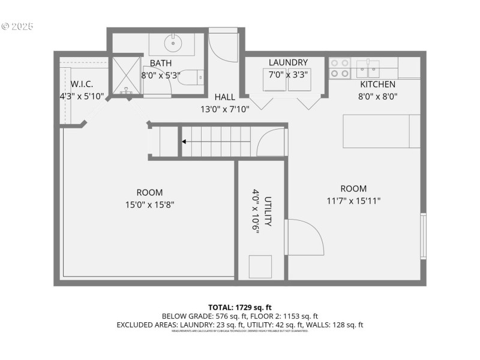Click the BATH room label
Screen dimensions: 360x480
click(161, 63)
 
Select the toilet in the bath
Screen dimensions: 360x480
click(193, 77)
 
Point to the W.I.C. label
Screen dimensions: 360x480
click(82, 83)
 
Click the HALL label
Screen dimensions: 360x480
click(225, 97)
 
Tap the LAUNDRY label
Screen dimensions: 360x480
click(288, 62)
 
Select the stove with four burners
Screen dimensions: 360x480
click(340, 68)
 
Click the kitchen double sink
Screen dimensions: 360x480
click(368, 68)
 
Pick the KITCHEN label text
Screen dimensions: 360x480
click(377, 84)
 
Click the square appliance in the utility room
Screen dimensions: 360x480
click(260, 266)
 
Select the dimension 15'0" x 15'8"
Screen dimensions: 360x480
click(149, 205)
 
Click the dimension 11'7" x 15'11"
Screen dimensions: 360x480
click(353, 200)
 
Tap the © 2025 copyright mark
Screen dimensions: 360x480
click(18, 26)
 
